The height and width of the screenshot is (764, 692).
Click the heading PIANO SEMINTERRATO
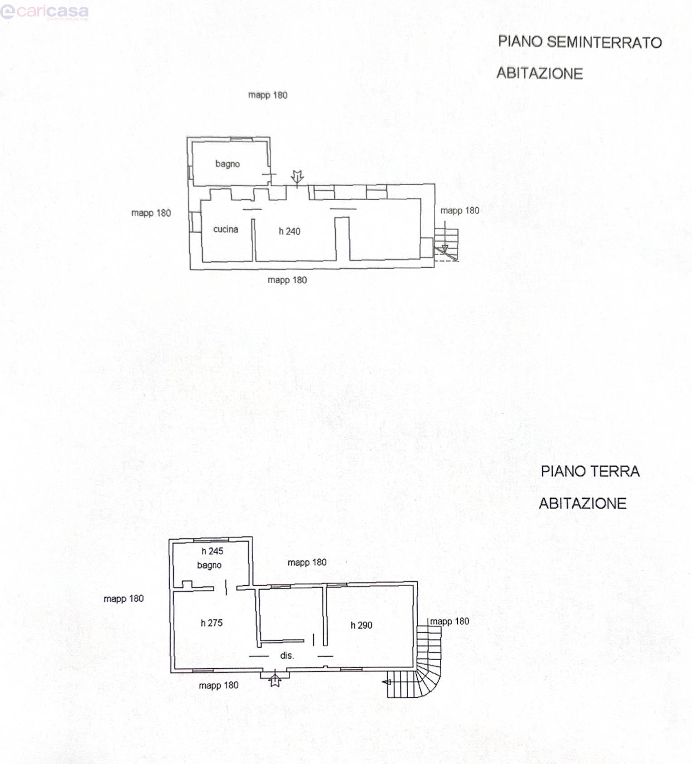pos(580,42)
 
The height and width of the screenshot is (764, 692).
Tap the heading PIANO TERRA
pos(590,471)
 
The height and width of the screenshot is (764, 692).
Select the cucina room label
pos(226,229)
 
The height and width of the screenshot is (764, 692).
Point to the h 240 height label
pos(289,231)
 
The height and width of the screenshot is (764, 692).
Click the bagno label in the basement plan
pos(228,164)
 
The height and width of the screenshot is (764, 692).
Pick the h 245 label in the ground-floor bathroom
pos(212,551)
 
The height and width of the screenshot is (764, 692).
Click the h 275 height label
pos(212,623)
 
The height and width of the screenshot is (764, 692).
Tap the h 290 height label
pos(361,625)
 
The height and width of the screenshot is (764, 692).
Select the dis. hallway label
pos(287,656)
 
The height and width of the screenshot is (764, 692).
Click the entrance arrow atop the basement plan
pos(297,178)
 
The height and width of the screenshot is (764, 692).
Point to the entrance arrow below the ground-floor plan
pos(275,681)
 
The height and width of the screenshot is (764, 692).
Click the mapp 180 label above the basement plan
pos(268,95)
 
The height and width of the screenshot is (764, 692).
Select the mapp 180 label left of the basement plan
pos(151,213)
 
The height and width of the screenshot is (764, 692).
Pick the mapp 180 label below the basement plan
pos(287,280)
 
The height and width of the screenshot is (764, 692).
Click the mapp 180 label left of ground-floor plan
pos(123,599)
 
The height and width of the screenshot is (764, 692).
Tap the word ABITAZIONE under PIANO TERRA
pos(583,503)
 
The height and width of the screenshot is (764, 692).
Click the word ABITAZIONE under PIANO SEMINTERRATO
pos(540,73)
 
